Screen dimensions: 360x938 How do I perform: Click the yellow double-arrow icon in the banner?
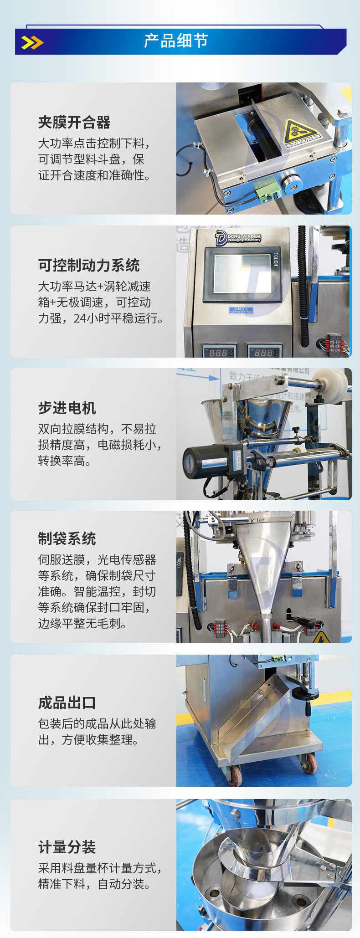[32, 42]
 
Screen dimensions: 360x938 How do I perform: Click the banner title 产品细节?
[176, 41]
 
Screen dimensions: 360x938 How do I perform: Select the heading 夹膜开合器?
[74, 122]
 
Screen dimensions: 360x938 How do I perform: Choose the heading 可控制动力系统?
[89, 265]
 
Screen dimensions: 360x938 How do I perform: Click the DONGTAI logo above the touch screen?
[238, 237]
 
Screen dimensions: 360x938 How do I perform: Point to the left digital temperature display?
[219, 352]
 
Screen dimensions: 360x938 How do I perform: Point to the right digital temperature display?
[263, 352]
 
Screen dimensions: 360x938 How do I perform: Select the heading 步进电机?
[67, 408]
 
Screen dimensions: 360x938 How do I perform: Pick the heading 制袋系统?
[67, 538]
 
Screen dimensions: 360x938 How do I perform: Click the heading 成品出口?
[67, 702]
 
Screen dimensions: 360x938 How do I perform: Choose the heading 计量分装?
[67, 847]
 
